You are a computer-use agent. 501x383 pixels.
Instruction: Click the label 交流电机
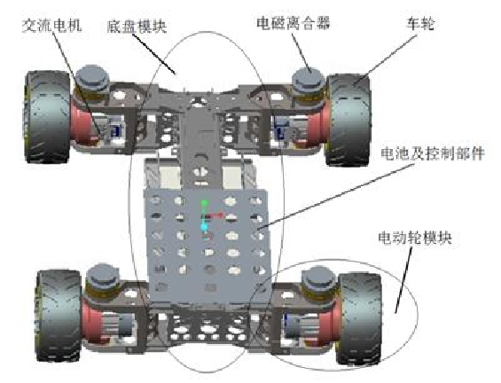(x=51, y=26)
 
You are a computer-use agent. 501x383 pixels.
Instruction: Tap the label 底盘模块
(x=137, y=27)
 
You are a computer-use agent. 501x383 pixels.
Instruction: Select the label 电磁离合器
(x=294, y=23)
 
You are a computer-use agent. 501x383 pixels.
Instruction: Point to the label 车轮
(x=420, y=23)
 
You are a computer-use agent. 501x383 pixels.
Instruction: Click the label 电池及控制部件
(x=433, y=153)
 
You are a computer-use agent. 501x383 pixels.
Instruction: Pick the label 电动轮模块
(x=415, y=238)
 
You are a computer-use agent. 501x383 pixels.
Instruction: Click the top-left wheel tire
(x=47, y=117)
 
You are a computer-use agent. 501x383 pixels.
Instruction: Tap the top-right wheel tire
(x=348, y=120)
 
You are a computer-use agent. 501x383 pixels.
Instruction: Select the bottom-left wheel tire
(x=59, y=316)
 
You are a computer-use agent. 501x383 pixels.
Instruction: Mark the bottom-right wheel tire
(x=360, y=318)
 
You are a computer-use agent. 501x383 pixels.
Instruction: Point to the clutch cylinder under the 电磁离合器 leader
(x=309, y=80)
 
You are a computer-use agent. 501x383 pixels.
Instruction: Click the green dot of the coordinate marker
(x=204, y=203)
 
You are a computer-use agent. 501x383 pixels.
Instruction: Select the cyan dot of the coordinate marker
(x=204, y=227)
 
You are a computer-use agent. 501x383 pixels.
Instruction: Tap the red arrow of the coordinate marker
(x=215, y=216)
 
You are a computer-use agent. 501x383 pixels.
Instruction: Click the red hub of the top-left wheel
(x=82, y=124)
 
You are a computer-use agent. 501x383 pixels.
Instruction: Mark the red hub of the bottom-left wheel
(x=92, y=323)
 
